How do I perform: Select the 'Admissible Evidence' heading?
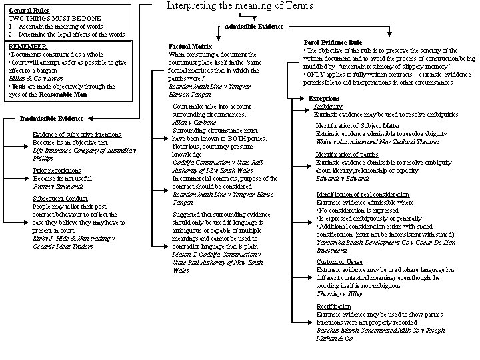click(254, 27)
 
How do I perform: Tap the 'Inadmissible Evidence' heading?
click(51, 118)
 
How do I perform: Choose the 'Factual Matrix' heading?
click(189, 47)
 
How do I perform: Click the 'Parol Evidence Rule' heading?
click(333, 42)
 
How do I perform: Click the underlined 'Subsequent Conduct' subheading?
click(59, 199)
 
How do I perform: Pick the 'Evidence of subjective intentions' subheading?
click(77, 135)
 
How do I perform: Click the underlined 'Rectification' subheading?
click(334, 307)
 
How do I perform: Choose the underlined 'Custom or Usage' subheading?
click(339, 262)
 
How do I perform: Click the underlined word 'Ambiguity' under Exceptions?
click(329, 107)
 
